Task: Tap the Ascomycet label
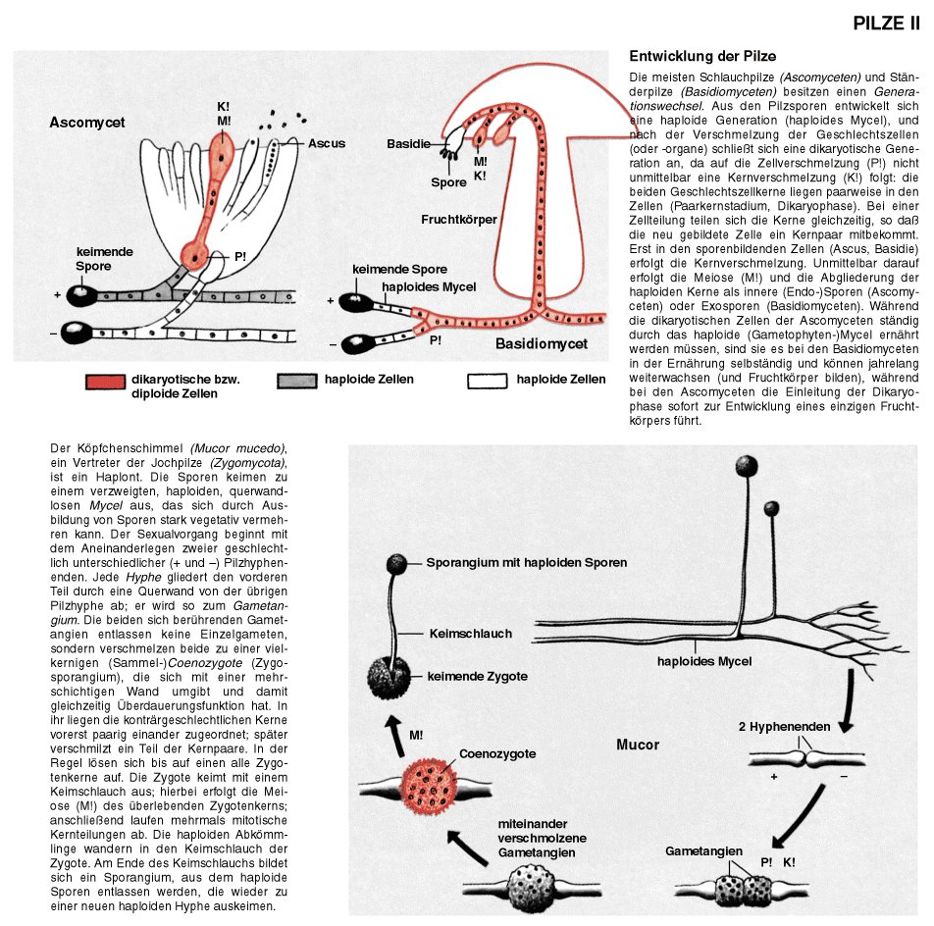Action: point(87,124)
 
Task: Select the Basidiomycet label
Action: point(542,344)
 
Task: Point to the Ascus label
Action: point(327,143)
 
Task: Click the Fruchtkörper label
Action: point(459,219)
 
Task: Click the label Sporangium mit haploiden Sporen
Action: point(526,563)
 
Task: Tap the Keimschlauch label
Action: point(471,635)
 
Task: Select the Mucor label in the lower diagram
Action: point(638,745)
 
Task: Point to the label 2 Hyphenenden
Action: point(785,727)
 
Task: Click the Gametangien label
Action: point(703,850)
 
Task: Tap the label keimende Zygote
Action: point(477,677)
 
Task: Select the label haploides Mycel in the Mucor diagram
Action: point(704,662)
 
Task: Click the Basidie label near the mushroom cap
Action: point(408,144)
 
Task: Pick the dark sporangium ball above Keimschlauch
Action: point(396,564)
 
